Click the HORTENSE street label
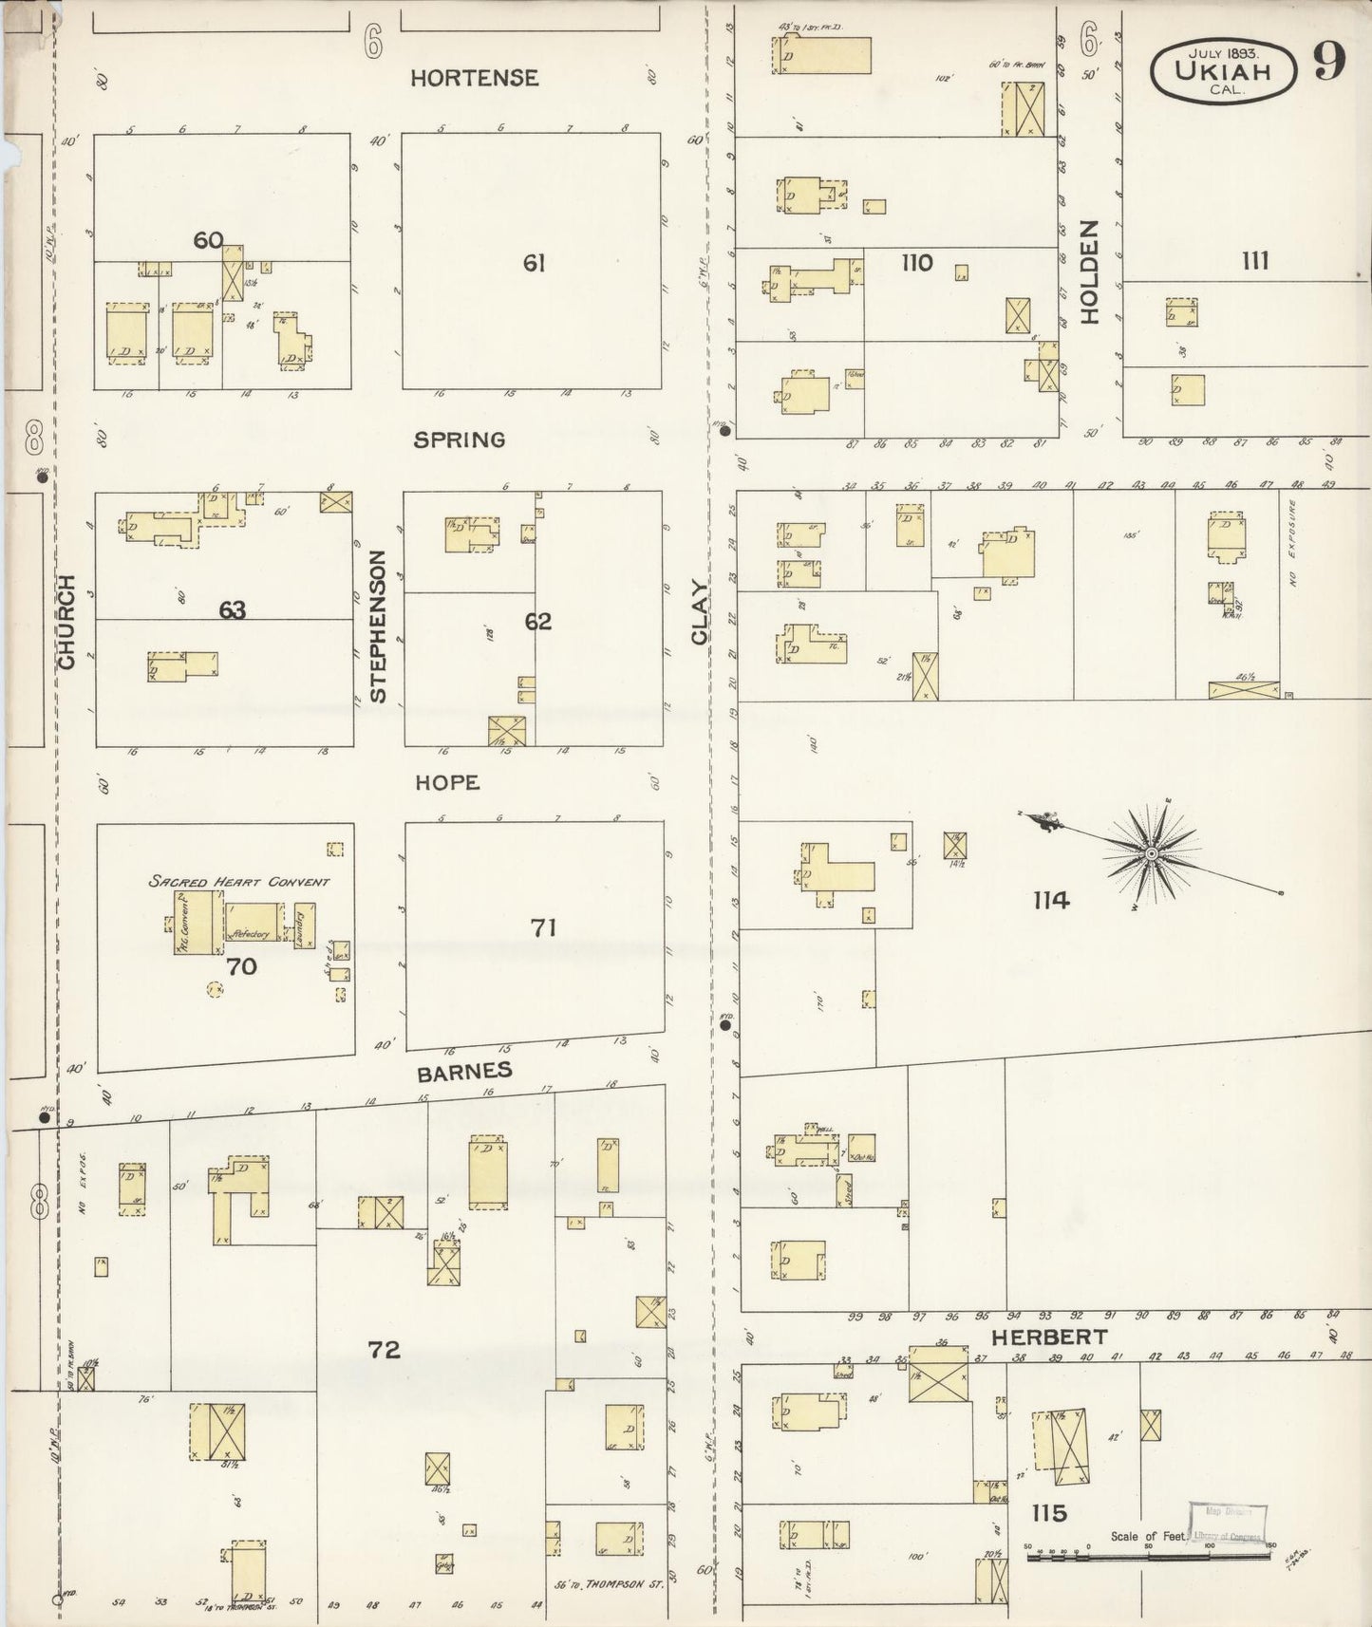[474, 78]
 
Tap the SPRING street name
[459, 439]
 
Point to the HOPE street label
[446, 782]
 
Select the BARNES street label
[465, 1072]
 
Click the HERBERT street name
[1048, 1337]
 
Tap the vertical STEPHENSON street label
[378, 626]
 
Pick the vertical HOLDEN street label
[1088, 272]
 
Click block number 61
[534, 263]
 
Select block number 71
[543, 926]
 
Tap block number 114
[1051, 900]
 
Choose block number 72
[385, 1349]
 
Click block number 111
[1255, 261]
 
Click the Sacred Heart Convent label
[238, 881]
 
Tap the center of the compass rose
[1151, 854]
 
